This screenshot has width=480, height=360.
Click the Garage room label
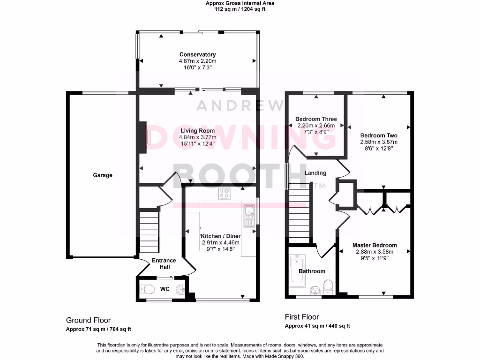(102, 175)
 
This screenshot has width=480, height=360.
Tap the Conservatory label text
(197, 54)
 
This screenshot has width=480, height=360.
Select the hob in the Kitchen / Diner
(225, 194)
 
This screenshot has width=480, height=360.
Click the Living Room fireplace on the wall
(142, 137)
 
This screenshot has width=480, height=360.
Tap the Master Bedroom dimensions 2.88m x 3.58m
(375, 252)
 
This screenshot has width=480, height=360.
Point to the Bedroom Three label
(316, 119)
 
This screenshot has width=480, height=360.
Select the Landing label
(315, 173)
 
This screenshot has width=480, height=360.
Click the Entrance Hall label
(164, 263)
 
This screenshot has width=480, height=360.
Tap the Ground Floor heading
(88, 320)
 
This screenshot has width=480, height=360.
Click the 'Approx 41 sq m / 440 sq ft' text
(317, 326)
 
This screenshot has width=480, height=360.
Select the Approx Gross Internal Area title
(240, 3)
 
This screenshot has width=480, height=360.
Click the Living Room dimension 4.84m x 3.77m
(197, 137)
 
